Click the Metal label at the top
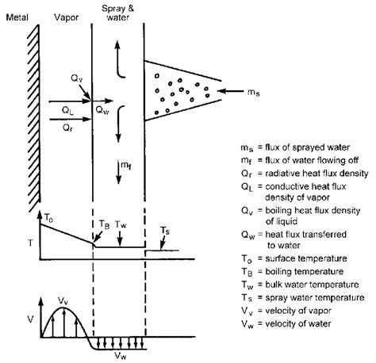(x=17, y=17)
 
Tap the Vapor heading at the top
(x=67, y=17)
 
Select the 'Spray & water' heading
(x=118, y=13)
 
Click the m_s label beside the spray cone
(x=254, y=92)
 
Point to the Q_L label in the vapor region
(x=67, y=110)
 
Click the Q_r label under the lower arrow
(x=67, y=128)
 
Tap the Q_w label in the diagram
(x=102, y=110)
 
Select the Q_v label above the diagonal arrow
(x=77, y=78)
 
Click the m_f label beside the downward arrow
(x=126, y=166)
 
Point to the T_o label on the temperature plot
(x=48, y=218)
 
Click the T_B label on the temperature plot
(x=104, y=225)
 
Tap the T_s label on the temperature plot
(x=165, y=231)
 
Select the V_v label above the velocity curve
(x=63, y=300)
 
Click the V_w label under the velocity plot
(x=121, y=356)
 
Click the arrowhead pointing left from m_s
(x=221, y=91)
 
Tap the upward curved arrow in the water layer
(x=119, y=59)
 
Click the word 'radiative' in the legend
(x=281, y=174)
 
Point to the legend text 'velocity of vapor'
(x=298, y=311)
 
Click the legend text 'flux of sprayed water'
(x=308, y=147)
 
